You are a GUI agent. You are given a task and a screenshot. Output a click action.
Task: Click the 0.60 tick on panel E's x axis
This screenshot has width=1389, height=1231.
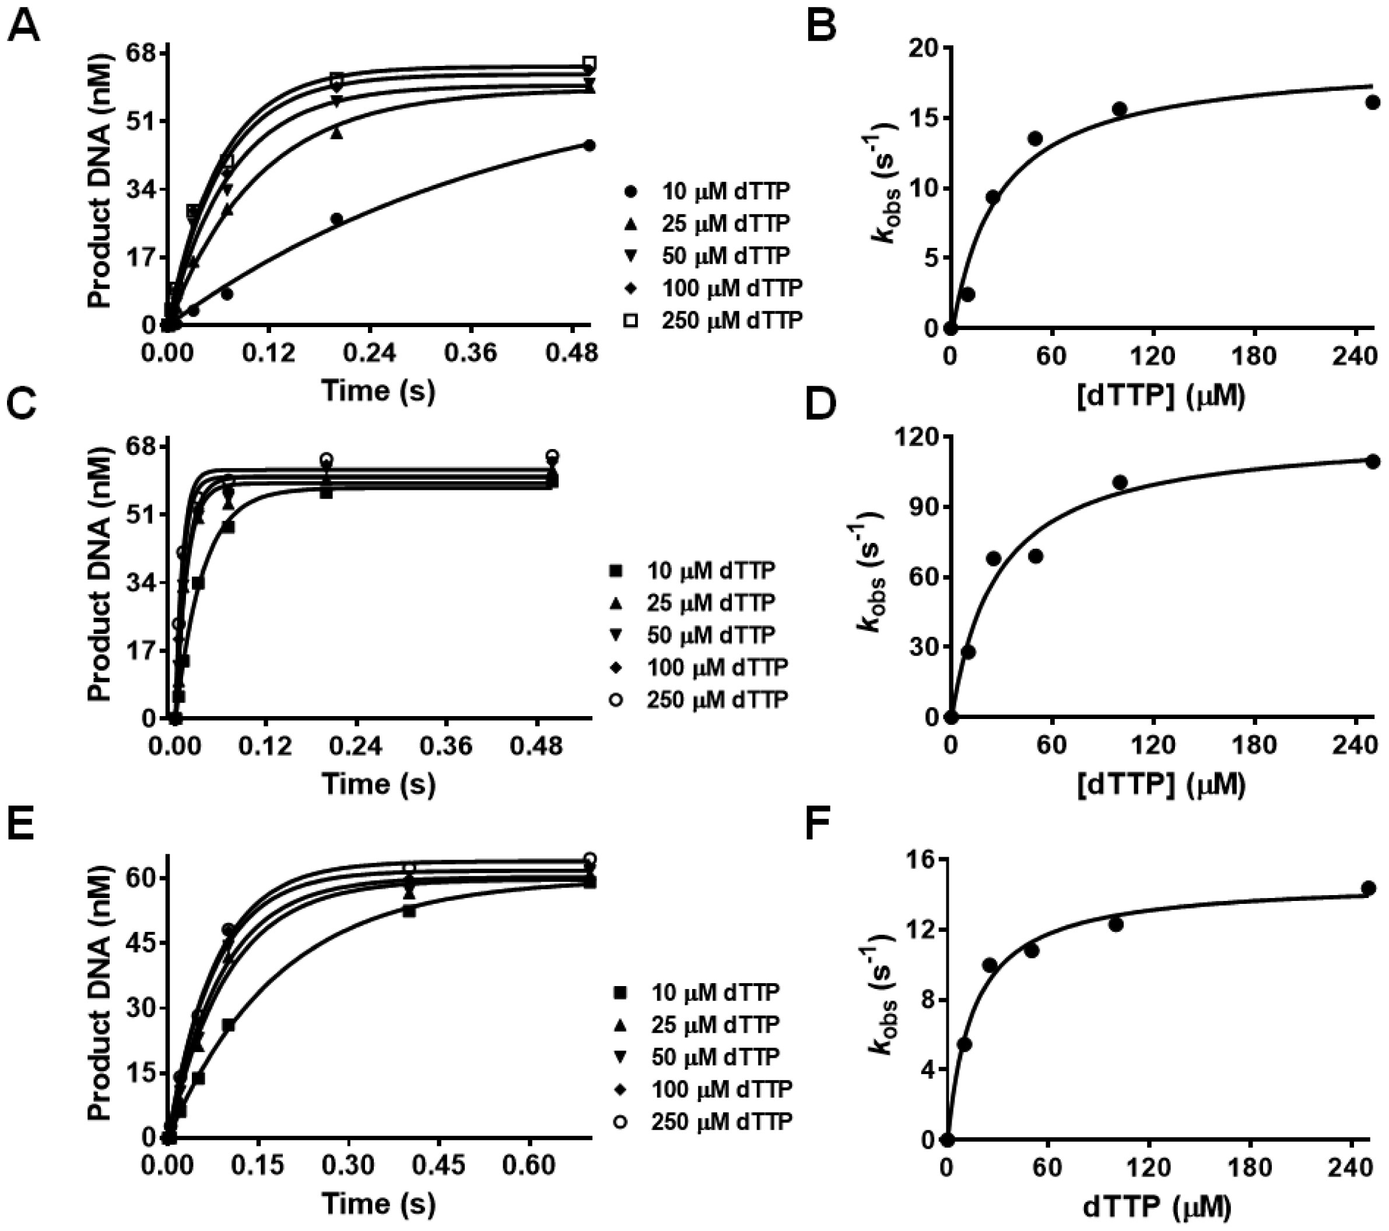529,1165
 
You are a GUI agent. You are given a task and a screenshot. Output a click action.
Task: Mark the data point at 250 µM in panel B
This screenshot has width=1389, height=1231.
1372,102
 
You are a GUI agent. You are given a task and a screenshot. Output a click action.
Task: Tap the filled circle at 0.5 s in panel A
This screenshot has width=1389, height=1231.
589,145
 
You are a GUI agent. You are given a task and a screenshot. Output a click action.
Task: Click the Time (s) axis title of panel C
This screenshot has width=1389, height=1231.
378,783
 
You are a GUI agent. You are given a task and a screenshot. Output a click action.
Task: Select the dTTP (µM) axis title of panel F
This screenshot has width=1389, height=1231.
1156,1205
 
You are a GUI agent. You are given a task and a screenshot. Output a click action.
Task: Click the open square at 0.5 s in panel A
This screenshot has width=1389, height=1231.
589,63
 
